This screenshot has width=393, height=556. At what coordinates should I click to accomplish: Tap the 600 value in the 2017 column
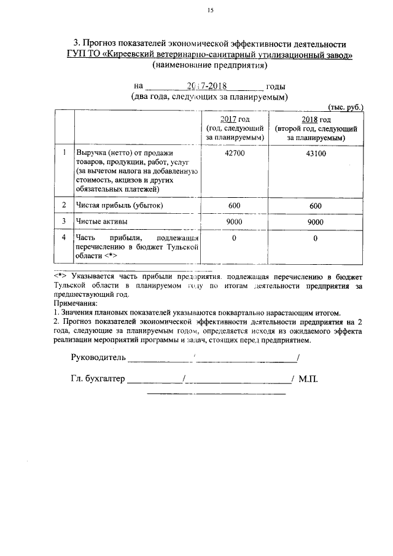pyautogui.click(x=235, y=206)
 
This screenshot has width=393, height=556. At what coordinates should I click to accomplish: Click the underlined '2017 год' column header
pyautogui.click(x=235, y=119)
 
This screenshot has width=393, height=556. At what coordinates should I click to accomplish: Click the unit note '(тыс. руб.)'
pyautogui.click(x=346, y=106)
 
